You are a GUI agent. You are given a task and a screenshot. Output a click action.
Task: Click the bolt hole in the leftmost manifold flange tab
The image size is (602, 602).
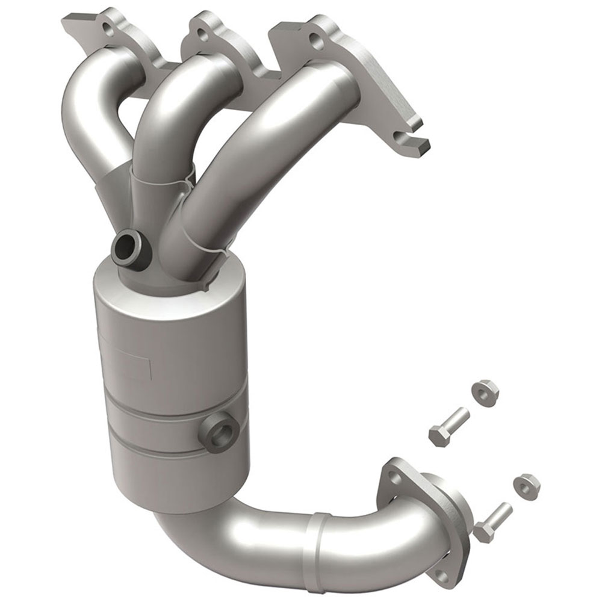pos(107,28)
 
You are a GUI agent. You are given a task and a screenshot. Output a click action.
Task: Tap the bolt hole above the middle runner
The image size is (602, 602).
pos(203,36)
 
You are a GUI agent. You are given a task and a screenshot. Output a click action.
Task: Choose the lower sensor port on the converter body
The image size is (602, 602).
pos(223,432)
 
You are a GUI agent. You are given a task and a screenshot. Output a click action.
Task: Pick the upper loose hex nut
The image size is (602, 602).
pos(484,392)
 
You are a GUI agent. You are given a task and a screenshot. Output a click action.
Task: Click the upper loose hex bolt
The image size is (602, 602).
pos(448,425)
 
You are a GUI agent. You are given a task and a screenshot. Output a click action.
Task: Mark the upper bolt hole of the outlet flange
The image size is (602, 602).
pos(394,477)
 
